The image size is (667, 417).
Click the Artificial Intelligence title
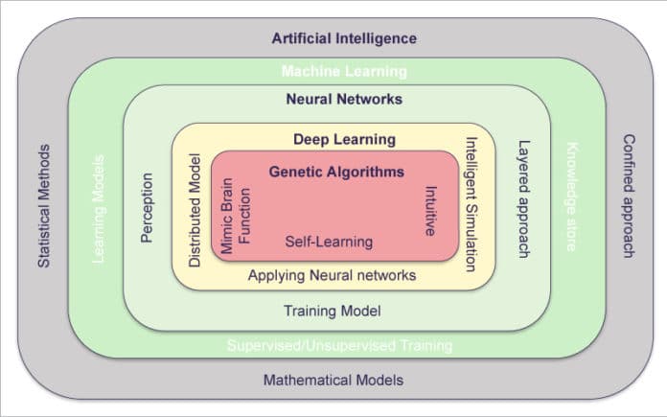coord(344,39)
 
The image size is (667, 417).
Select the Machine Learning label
coord(344,71)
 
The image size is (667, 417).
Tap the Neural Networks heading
coord(344,99)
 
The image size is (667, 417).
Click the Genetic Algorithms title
coord(336,173)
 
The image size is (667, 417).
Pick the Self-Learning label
coord(329,242)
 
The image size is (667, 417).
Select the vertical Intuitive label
coord(430,210)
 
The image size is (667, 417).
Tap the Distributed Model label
coord(195,209)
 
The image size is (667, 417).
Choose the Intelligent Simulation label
coord(470,204)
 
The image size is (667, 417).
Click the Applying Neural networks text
coord(332,276)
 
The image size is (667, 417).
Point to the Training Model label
coord(333,311)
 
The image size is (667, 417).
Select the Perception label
coord(147,207)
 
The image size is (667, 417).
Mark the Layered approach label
coord(522,199)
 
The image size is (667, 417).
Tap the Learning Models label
coord(97,207)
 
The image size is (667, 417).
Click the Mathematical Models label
coord(333,380)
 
